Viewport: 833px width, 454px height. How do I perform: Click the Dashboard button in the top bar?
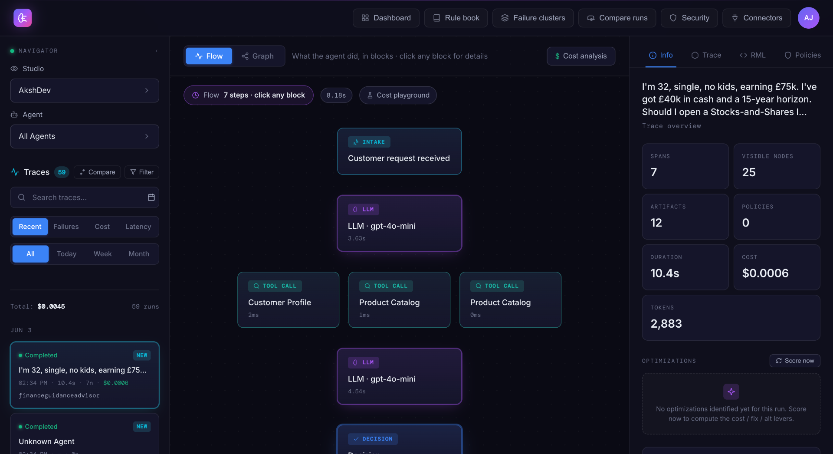[386, 18]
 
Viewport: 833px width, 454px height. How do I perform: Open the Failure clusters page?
[533, 18]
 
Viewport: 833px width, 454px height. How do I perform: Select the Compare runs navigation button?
[617, 18]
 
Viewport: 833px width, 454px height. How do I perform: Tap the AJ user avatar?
[808, 18]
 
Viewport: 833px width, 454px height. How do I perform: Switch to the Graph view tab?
[258, 56]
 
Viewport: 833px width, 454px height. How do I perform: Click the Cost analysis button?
[581, 56]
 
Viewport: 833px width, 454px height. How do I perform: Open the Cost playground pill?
[398, 95]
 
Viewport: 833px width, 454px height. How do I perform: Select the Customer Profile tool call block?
[288, 299]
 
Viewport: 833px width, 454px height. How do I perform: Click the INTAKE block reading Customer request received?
[399, 151]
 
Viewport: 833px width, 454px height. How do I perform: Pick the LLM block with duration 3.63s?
[399, 223]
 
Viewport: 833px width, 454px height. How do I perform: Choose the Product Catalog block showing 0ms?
[510, 299]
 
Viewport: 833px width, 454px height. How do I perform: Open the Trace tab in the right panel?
[706, 55]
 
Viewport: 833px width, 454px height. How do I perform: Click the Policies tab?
[803, 55]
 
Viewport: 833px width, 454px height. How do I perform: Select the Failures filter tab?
[66, 227]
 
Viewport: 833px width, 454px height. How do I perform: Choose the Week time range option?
[102, 254]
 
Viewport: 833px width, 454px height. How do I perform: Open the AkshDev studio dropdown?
[85, 90]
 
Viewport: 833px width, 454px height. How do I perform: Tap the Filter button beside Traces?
[142, 172]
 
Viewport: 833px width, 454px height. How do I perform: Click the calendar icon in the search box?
[151, 197]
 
